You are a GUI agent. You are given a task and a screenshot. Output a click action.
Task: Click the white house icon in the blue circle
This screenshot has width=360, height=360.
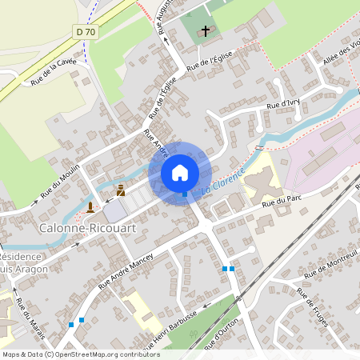(x=180, y=172)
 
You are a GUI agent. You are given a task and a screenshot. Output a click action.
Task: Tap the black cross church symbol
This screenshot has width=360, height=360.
(x=205, y=32)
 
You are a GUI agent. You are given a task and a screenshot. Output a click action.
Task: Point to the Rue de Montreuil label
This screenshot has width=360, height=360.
(x=330, y=263)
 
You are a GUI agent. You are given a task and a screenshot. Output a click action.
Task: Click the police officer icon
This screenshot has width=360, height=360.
(x=121, y=190)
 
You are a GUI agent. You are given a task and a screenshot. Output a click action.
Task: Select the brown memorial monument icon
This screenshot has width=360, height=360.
(x=90, y=206)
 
